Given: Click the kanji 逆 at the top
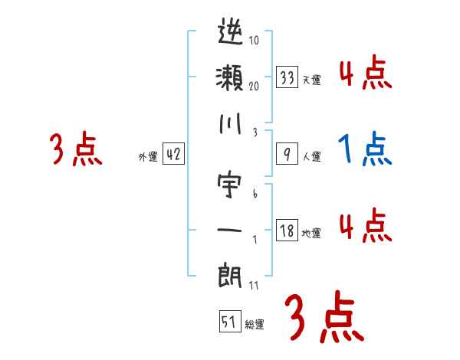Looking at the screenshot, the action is click(230, 34).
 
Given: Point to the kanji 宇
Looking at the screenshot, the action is click(230, 186).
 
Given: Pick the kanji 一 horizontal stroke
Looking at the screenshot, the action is click(230, 229).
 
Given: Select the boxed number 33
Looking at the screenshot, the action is click(287, 77).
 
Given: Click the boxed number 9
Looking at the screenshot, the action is click(287, 154).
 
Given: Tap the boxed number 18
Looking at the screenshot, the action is click(287, 231).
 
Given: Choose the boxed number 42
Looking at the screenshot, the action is click(173, 154).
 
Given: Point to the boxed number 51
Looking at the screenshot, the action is click(228, 322).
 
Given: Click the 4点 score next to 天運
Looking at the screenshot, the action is click(365, 72).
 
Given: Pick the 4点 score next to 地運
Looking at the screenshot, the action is click(365, 225).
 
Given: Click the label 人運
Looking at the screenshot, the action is click(311, 157).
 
